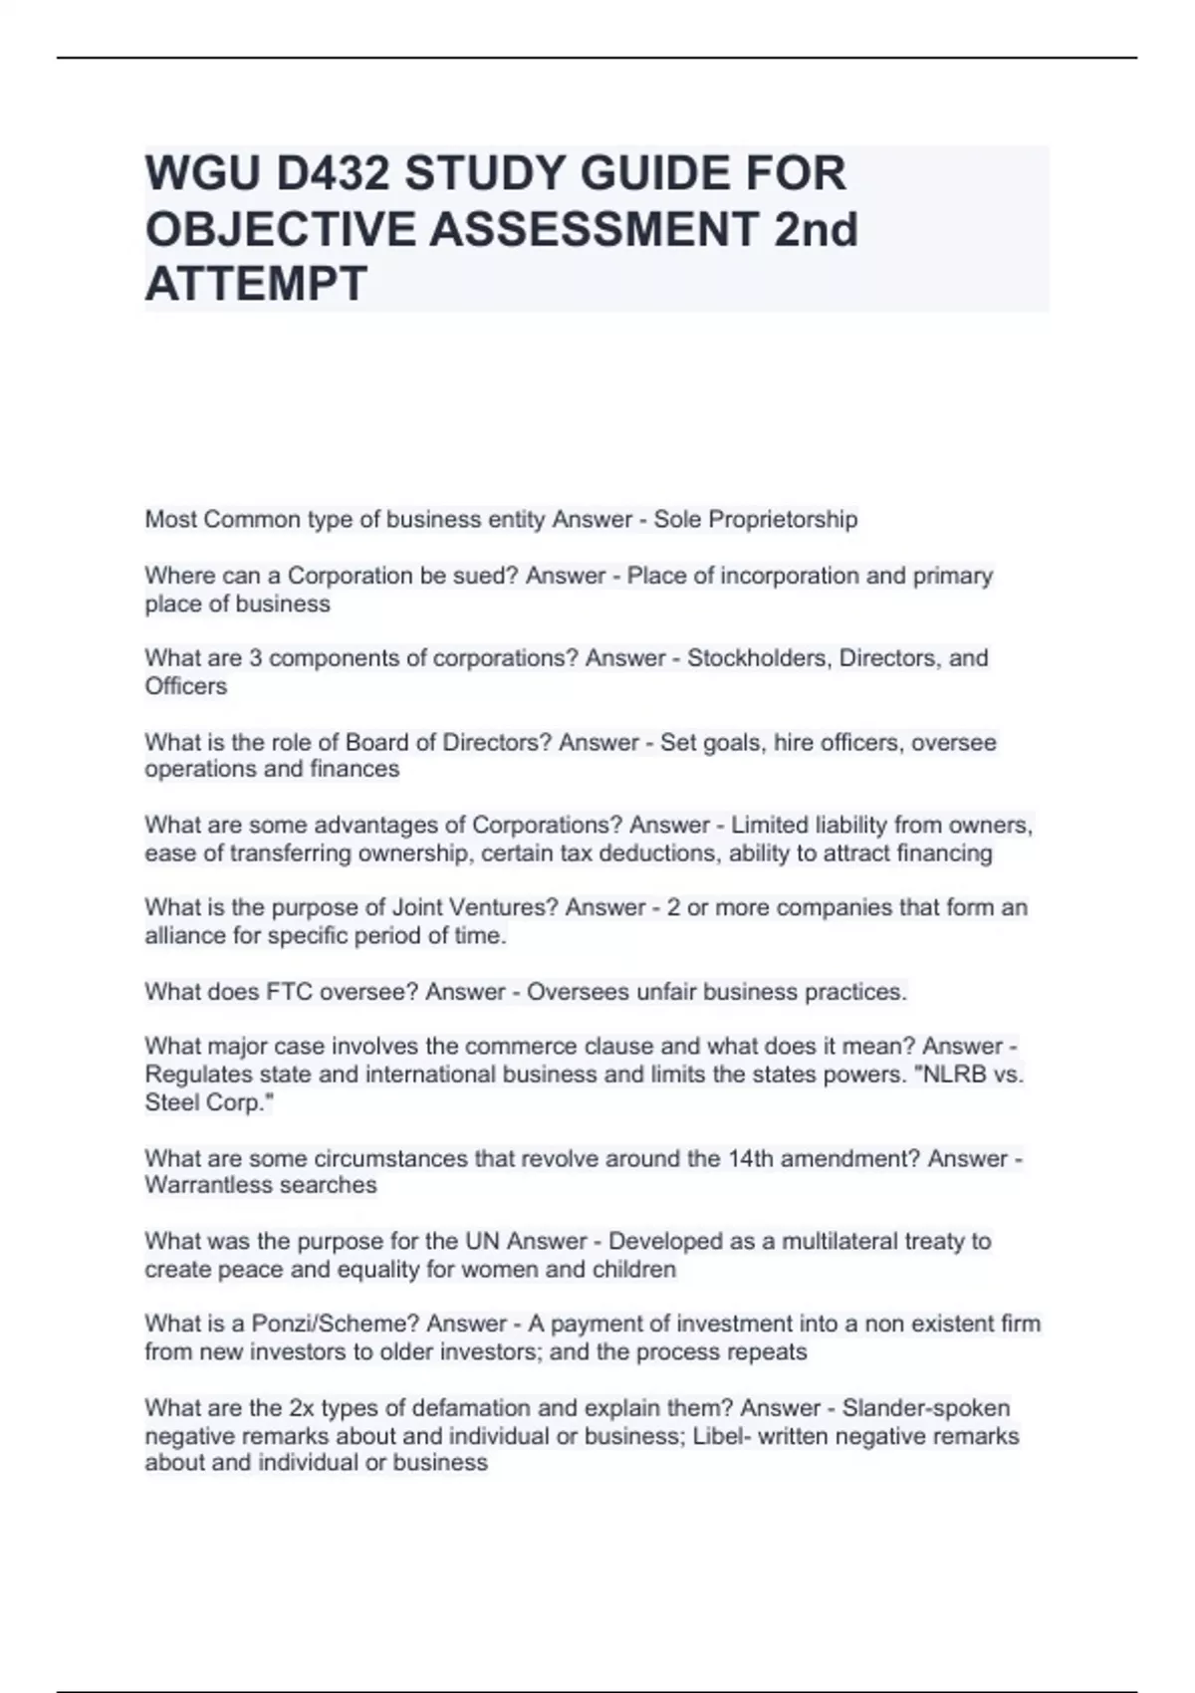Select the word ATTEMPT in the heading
tap(256, 284)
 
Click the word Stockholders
tap(759, 658)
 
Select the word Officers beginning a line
tap(186, 686)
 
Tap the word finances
tap(355, 769)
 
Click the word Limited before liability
tap(770, 826)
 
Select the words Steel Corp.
tap(207, 1102)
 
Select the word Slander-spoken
tap(925, 1408)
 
